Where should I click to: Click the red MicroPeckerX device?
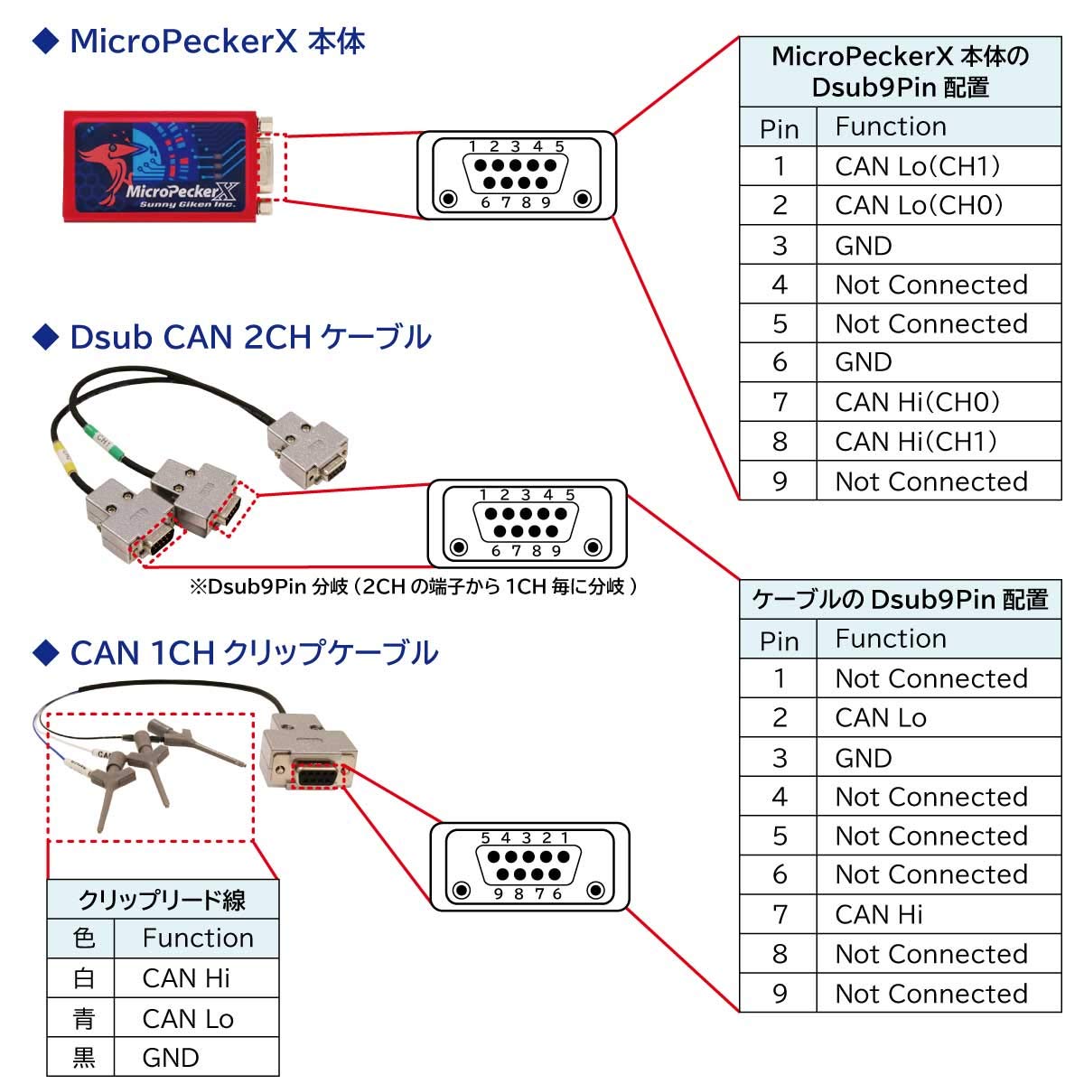[163, 164]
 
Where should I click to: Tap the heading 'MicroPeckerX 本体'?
[217, 42]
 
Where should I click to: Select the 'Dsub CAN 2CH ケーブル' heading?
[250, 337]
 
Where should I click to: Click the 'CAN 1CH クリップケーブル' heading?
[254, 652]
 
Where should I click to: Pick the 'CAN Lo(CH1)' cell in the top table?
[918, 166]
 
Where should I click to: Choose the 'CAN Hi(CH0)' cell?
[918, 402]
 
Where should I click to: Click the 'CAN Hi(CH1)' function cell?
[916, 442]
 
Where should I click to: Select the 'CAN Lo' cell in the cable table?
[881, 718]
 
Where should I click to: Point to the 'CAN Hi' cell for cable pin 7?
[879, 915]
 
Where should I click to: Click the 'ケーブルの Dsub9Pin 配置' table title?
[900, 600]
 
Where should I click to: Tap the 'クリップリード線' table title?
[163, 900]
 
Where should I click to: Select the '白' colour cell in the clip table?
[83, 978]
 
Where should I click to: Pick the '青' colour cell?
[83, 1019]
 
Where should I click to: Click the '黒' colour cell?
[83, 1058]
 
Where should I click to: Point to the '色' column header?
[83, 938]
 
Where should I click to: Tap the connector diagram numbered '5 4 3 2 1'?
[529, 865]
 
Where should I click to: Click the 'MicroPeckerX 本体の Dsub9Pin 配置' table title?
[900, 72]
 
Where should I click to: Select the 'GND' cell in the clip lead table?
[171, 1058]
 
